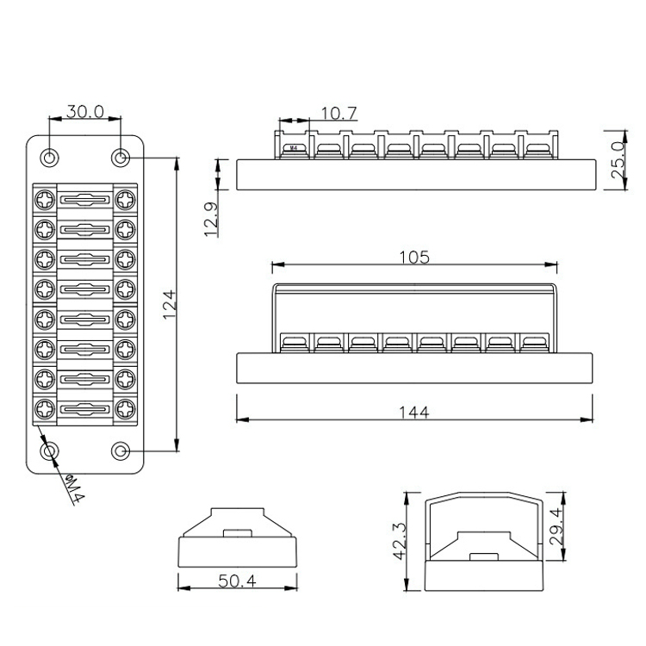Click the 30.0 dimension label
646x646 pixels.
[x=85, y=111]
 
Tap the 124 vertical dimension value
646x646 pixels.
[x=170, y=304]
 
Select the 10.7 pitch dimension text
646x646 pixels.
[x=339, y=114]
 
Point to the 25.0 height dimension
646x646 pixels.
[x=618, y=160]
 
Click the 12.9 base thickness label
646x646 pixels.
[x=211, y=219]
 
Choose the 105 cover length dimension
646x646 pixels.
[x=414, y=257]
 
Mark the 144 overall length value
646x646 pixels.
[x=414, y=412]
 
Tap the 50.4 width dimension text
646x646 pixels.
[x=237, y=581]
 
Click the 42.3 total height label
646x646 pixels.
[x=400, y=542]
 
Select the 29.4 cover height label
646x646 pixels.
[x=556, y=526]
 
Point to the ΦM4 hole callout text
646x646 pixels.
[x=75, y=489]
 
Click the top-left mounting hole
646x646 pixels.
[x=49, y=158]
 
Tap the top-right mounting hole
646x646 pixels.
[x=121, y=158]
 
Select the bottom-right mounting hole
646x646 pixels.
[x=121, y=451]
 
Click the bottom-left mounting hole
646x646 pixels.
[x=49, y=451]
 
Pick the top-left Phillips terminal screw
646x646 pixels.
[x=45, y=201]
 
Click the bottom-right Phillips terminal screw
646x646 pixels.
[x=125, y=409]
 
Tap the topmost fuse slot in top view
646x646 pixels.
[x=85, y=200]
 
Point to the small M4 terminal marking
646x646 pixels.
[x=294, y=147]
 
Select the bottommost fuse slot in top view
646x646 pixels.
[x=85, y=409]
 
